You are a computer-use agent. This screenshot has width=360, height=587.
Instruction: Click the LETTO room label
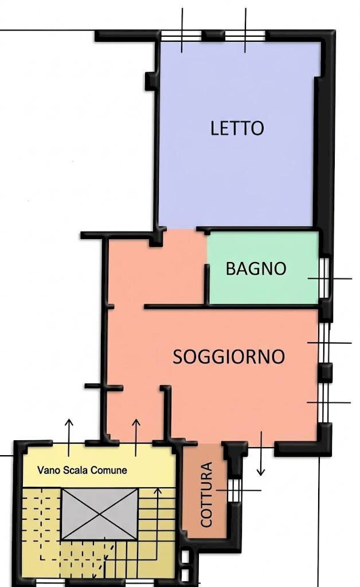[237, 128]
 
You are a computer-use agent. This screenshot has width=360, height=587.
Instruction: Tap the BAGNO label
[256, 268]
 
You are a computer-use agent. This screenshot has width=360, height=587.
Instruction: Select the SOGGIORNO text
[229, 357]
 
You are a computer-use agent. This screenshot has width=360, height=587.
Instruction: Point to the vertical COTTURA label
[207, 494]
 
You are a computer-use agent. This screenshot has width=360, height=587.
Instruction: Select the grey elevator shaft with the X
[100, 514]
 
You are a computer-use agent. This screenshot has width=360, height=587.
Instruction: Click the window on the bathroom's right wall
[324, 278]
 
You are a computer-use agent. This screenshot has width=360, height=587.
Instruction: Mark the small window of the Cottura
[233, 490]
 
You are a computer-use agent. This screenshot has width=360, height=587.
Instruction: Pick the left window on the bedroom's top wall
[182, 36]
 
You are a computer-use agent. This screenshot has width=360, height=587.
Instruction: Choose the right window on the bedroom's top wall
[245, 36]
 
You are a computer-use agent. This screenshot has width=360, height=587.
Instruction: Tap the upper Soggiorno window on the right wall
[324, 343]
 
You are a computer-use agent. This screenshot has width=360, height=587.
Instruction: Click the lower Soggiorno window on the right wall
[324, 402]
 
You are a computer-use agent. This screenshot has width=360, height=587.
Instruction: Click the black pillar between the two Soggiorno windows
[325, 371]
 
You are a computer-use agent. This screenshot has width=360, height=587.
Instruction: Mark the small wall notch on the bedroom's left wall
[149, 80]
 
